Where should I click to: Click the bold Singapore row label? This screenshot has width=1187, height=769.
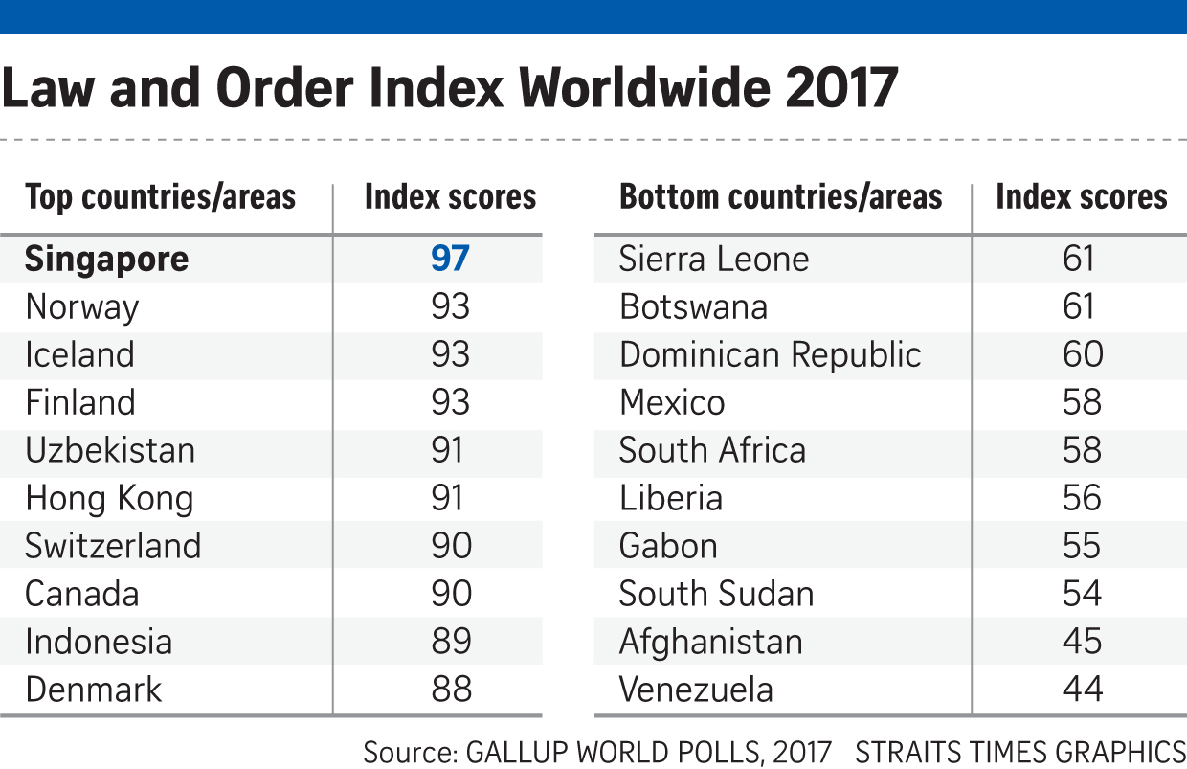tap(107, 260)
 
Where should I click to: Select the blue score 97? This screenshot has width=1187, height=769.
tap(450, 260)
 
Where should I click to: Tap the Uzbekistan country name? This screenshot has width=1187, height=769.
tap(110, 450)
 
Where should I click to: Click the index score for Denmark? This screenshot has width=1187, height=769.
tap(450, 690)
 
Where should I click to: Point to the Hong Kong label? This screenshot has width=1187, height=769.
tap(109, 499)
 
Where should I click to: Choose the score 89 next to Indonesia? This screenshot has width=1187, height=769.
tap(450, 642)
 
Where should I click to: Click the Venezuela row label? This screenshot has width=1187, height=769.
tap(696, 690)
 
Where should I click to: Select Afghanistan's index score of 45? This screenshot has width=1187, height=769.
tap(1082, 642)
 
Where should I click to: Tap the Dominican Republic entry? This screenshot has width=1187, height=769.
tap(770, 355)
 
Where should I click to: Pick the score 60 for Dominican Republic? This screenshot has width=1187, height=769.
tap(1082, 355)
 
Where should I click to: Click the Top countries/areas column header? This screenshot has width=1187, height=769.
tap(160, 198)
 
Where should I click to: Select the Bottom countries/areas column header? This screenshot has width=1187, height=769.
tap(780, 198)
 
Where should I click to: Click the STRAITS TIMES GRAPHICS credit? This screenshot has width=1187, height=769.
tap(1020, 752)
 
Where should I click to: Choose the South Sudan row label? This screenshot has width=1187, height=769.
tap(716, 594)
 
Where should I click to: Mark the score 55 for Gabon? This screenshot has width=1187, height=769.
tap(1082, 546)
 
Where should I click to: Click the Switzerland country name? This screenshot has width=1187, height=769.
tap(113, 546)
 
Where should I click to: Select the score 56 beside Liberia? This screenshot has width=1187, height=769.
tap(1082, 498)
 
